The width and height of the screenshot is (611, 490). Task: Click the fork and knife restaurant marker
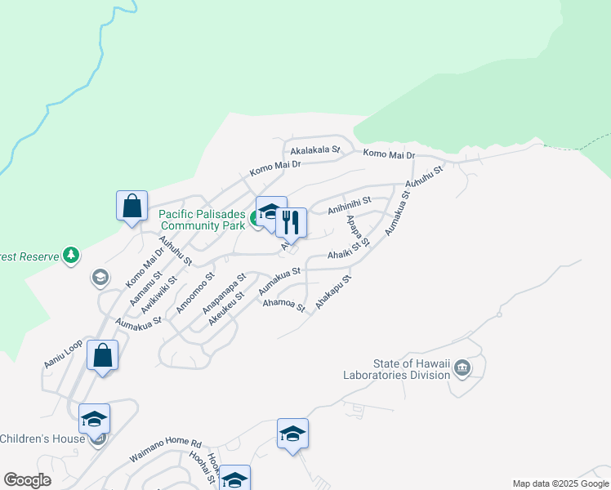(291, 221)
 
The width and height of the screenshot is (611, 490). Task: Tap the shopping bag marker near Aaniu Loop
(102, 356)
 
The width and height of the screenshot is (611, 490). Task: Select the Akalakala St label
(314, 150)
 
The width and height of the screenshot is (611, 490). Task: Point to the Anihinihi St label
(350, 205)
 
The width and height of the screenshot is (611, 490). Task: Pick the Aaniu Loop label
(63, 355)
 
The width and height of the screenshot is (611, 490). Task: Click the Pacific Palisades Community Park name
(202, 220)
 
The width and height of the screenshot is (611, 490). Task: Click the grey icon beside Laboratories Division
(462, 369)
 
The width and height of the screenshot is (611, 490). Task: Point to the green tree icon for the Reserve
(71, 256)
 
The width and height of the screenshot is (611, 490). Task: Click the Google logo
(27, 480)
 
